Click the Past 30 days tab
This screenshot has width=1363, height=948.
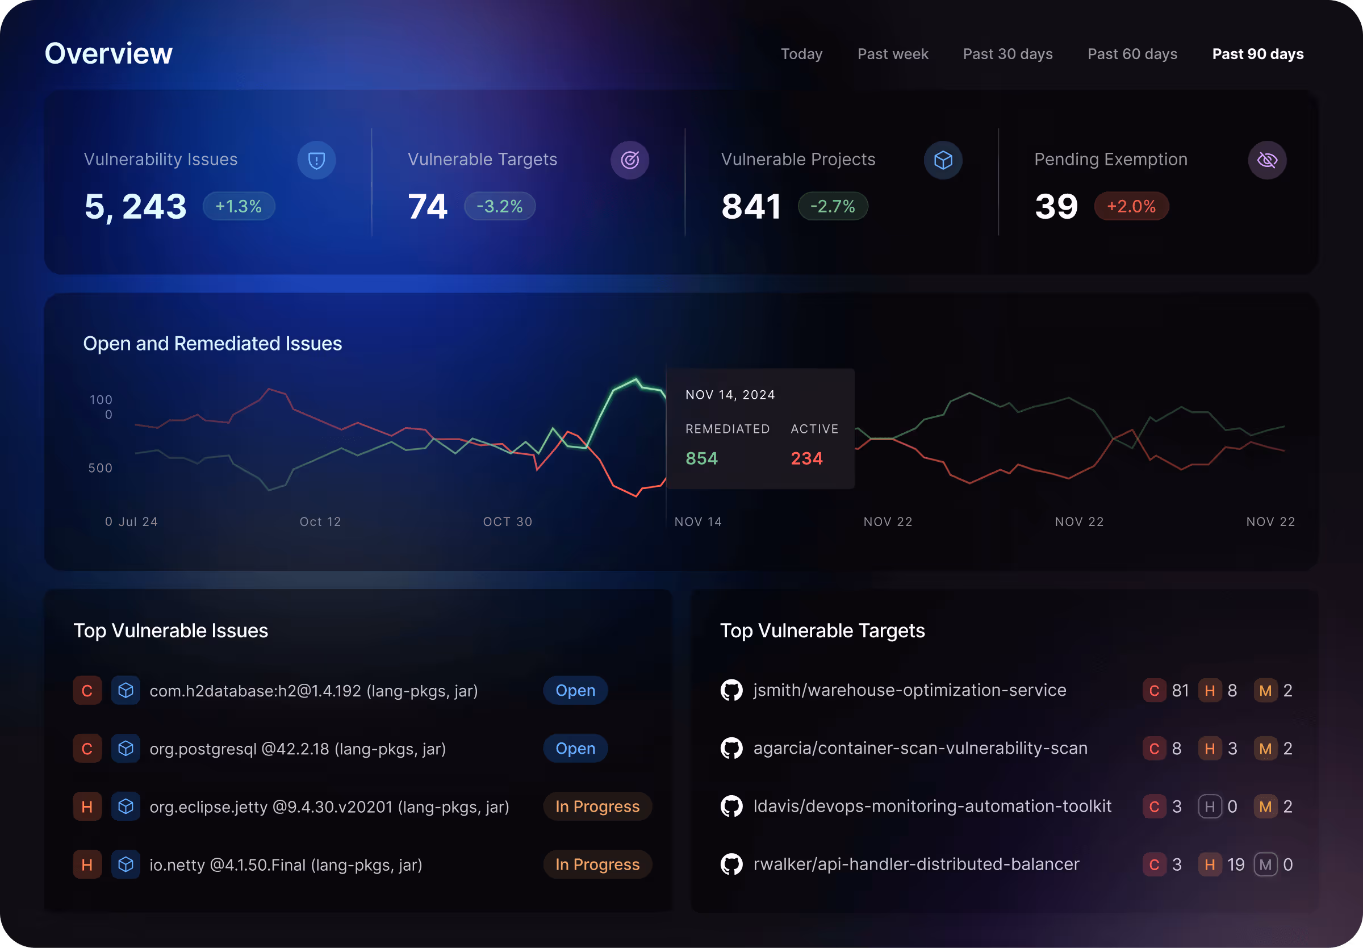pyautogui.click(x=1007, y=54)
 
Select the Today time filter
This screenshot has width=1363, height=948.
pyautogui.click(x=801, y=54)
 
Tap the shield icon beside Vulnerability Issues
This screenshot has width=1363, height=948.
pyautogui.click(x=316, y=160)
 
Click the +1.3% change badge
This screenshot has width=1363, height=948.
pyautogui.click(x=239, y=207)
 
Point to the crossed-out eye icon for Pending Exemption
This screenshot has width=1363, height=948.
pyautogui.click(x=1267, y=160)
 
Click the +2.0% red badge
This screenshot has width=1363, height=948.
pyautogui.click(x=1131, y=207)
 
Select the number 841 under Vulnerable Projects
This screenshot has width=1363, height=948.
pyautogui.click(x=751, y=207)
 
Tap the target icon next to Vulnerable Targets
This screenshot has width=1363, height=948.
pyautogui.click(x=629, y=160)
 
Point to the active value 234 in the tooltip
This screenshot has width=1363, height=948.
pyautogui.click(x=806, y=458)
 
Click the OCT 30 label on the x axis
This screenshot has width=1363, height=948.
pyautogui.click(x=508, y=522)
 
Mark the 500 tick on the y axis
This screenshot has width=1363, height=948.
pyautogui.click(x=101, y=469)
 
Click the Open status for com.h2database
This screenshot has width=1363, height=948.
pyautogui.click(x=575, y=690)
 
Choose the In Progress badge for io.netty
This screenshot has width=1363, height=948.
pyautogui.click(x=597, y=865)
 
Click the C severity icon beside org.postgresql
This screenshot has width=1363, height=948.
pyautogui.click(x=87, y=749)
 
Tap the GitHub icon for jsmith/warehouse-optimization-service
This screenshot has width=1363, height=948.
pyautogui.click(x=731, y=690)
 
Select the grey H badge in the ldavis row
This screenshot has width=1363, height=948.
pyautogui.click(x=1209, y=807)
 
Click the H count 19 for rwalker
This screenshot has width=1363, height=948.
pyautogui.click(x=1235, y=865)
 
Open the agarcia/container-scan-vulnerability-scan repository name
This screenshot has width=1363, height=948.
pyautogui.click(x=920, y=748)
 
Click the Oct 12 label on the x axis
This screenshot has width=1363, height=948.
pyautogui.click(x=320, y=522)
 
